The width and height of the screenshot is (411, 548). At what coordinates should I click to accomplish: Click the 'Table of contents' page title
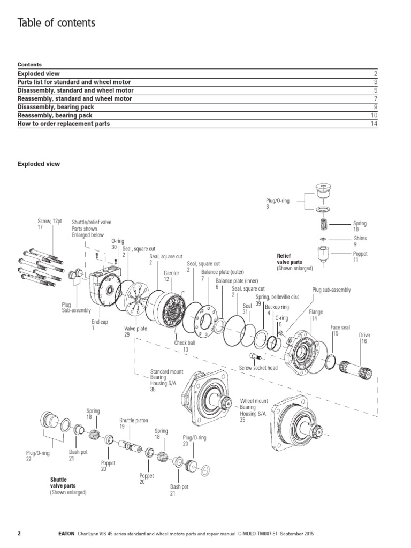57,22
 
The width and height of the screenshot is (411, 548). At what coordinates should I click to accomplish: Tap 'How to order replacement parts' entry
64,124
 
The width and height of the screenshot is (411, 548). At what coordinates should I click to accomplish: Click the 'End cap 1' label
100,325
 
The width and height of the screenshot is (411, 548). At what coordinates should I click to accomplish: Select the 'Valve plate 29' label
135,332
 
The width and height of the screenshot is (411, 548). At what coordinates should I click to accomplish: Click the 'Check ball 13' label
185,346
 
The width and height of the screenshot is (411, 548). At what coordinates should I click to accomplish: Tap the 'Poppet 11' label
360,257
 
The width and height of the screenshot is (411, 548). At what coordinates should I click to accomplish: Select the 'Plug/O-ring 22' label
37,455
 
